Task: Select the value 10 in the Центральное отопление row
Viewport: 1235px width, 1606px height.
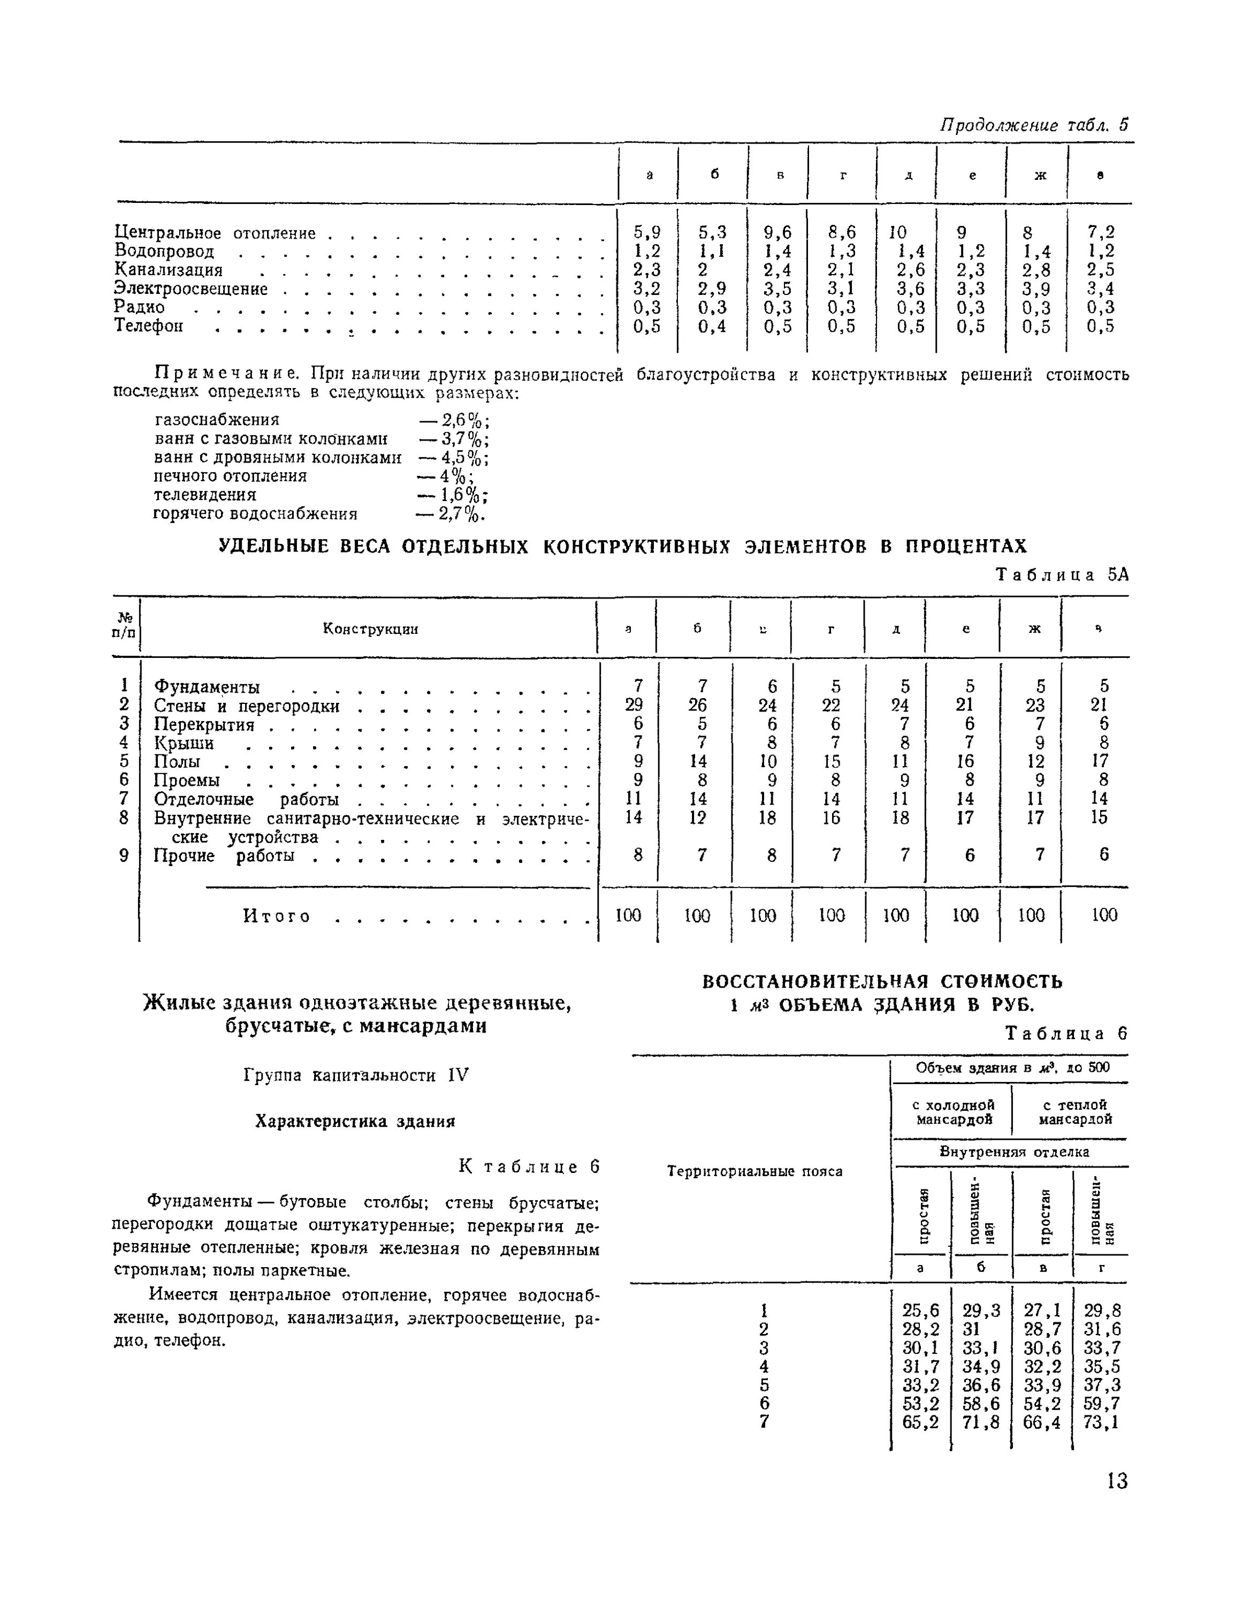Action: click(897, 232)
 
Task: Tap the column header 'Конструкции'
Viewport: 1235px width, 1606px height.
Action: click(370, 628)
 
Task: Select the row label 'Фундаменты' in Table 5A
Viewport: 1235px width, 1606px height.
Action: click(207, 687)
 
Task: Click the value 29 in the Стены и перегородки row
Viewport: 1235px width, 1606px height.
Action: click(634, 704)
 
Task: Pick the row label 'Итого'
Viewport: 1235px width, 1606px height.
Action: click(277, 916)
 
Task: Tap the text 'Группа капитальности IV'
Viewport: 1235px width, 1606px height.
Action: click(355, 1075)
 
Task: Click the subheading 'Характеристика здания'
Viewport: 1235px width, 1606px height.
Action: click(355, 1120)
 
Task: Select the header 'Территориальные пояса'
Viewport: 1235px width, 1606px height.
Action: click(754, 1171)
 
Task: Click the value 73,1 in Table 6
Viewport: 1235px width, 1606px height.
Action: click(1101, 1422)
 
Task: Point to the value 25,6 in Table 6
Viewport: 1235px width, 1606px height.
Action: click(920, 1310)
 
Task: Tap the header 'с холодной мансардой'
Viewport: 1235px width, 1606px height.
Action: click(952, 1111)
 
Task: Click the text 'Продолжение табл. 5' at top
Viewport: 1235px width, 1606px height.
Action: click(1034, 125)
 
